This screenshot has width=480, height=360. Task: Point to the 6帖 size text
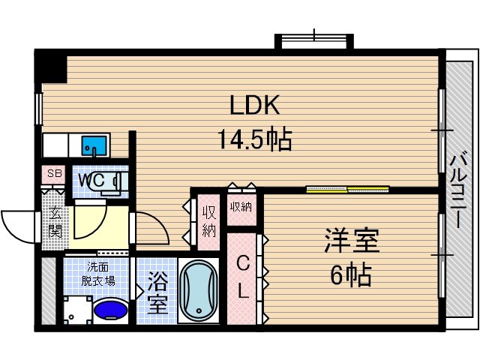tap(351, 275)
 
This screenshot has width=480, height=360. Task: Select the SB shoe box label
tap(54, 174)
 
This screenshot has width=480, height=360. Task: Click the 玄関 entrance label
tap(55, 223)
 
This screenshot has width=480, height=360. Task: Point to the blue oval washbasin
tap(112, 309)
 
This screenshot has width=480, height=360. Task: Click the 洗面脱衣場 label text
tap(98, 274)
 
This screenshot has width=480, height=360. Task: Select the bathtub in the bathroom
tap(199, 291)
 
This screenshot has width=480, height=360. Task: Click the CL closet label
tap(243, 277)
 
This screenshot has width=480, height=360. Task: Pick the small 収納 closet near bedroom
tap(241, 207)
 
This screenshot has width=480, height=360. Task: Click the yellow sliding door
tap(347, 189)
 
